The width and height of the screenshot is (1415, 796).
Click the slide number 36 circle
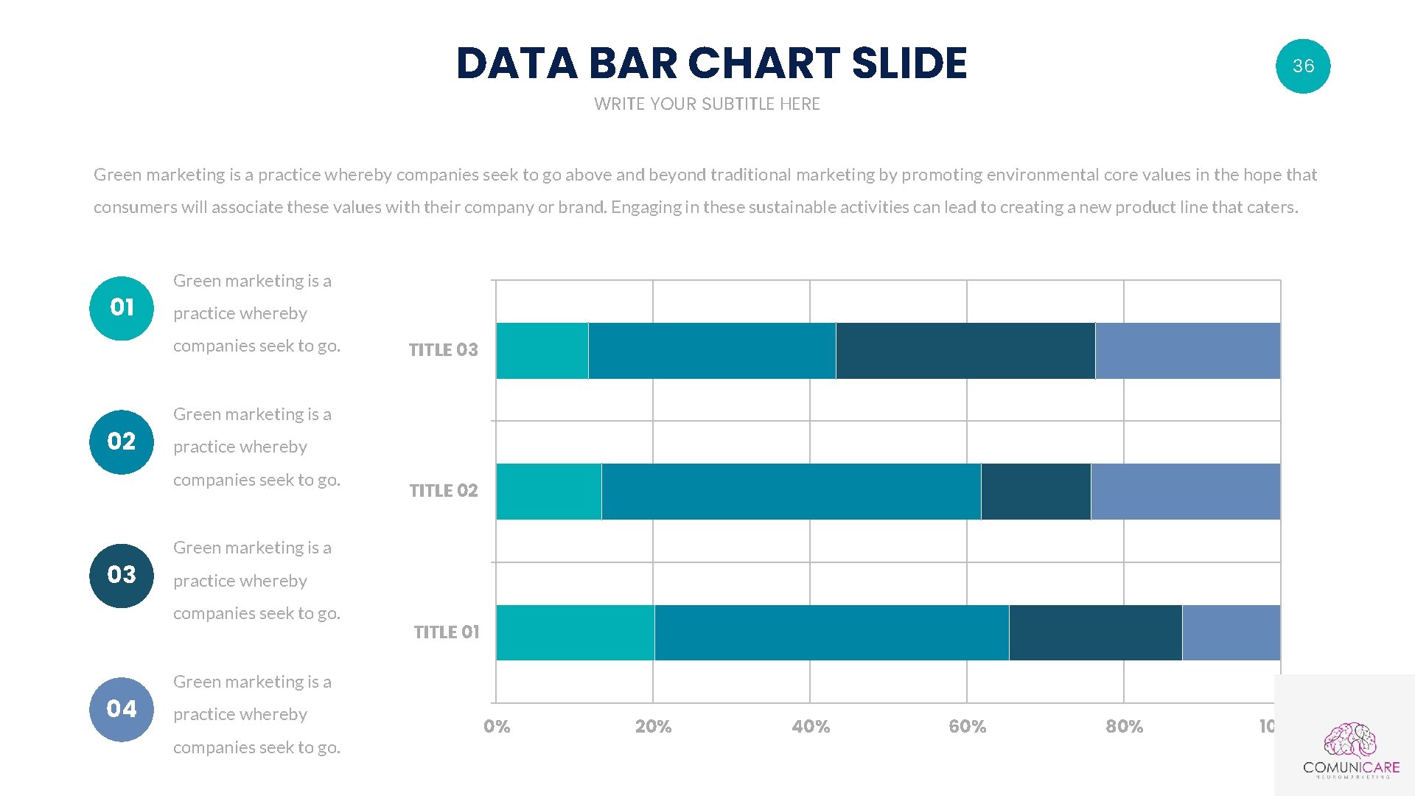[x=1302, y=66]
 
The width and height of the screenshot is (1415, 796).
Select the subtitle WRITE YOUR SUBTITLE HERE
[x=707, y=104]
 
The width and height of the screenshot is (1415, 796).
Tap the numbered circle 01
[x=122, y=308]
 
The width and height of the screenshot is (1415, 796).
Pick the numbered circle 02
[x=122, y=441]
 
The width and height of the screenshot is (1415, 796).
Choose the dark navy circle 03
[x=122, y=575]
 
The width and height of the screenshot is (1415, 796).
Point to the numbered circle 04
[x=122, y=709]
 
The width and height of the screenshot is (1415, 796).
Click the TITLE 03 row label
[x=443, y=350]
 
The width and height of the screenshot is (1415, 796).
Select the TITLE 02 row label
[x=443, y=491]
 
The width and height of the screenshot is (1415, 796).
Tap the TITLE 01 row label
[x=446, y=632]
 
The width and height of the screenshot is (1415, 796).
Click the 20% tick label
[x=653, y=727]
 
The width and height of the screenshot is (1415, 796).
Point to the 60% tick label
[x=967, y=727]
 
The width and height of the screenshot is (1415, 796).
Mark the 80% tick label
[x=1124, y=727]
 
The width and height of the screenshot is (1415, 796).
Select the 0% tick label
[x=497, y=727]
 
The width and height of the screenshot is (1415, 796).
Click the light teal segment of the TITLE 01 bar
[x=575, y=632]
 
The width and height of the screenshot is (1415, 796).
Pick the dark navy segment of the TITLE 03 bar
[x=965, y=351]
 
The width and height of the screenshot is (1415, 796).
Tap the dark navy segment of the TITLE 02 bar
[x=1035, y=492]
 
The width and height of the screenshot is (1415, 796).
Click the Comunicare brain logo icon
[x=1350, y=740]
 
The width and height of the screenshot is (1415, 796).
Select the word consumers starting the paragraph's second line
[x=135, y=208]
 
